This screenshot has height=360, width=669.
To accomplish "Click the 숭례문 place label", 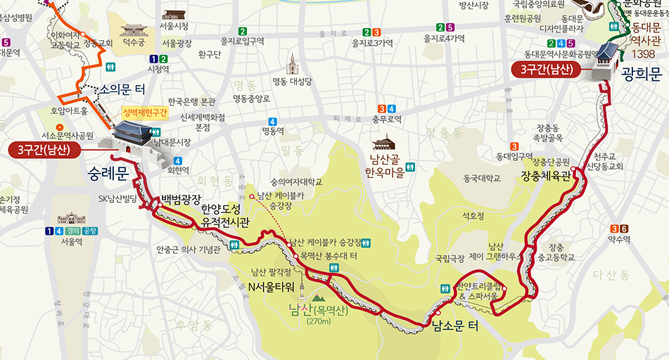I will [108, 172].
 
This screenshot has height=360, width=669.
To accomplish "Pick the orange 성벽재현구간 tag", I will [146, 112].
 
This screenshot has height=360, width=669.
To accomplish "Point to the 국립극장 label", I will [450, 258].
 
